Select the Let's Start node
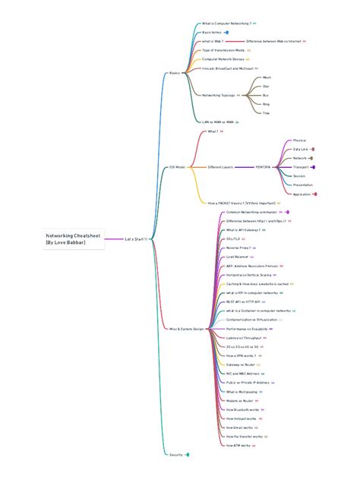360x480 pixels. click(x=134, y=239)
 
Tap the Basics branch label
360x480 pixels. click(x=174, y=73)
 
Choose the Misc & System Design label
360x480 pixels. click(x=185, y=329)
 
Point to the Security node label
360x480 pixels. click(x=175, y=454)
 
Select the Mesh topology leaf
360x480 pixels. click(x=266, y=77)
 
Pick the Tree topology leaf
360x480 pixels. click(x=266, y=113)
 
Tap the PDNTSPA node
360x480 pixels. click(x=264, y=166)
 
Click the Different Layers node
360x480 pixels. click(x=220, y=166)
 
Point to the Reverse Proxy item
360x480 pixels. click(x=238, y=248)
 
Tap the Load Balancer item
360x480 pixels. click(x=238, y=257)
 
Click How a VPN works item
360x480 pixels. click(x=241, y=355)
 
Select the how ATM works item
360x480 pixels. click(x=240, y=445)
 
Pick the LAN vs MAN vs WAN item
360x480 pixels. click(x=217, y=122)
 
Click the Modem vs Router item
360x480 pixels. click(x=241, y=400)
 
